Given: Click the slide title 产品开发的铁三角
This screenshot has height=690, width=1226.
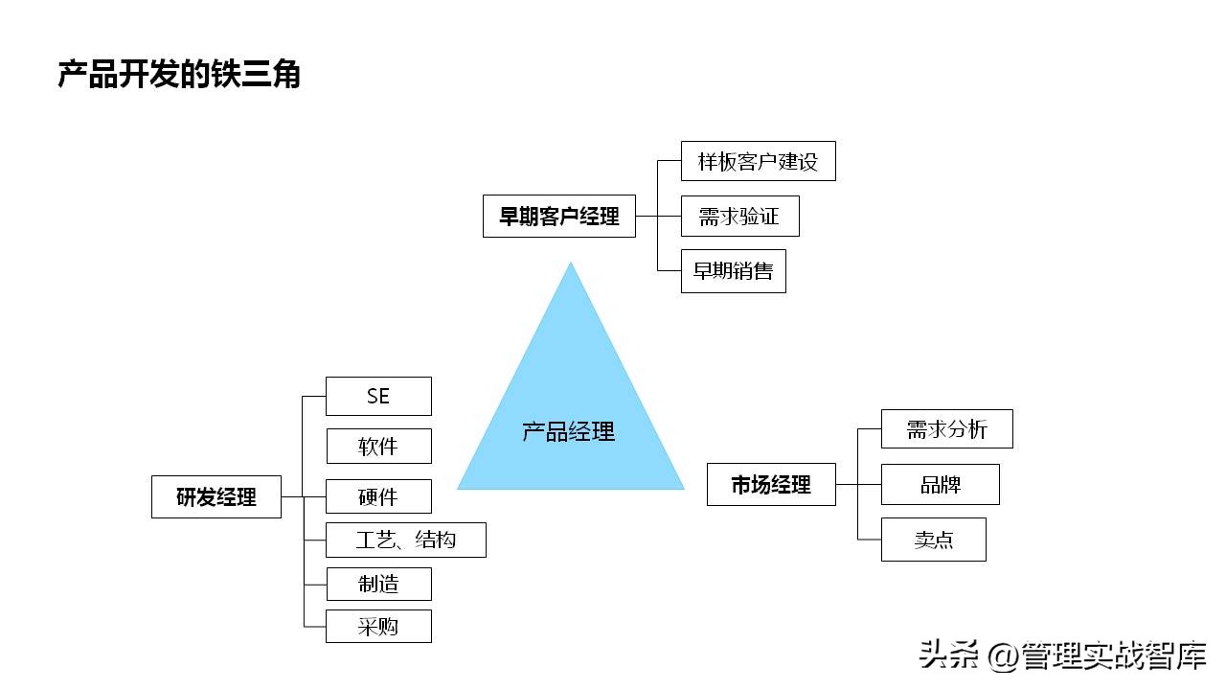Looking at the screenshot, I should coord(179,75).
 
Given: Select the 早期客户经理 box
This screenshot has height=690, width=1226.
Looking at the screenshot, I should coord(559,217).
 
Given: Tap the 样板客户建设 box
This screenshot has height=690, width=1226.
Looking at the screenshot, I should coord(758,161).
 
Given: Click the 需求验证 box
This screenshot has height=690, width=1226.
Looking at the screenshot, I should coord(739,217).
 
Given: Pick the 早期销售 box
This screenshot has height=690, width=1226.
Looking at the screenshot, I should coord(733,271).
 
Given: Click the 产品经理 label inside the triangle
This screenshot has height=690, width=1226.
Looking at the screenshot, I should coord(569,431).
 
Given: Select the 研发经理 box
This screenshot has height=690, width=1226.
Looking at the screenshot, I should coord(216,497).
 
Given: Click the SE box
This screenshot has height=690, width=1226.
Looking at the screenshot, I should coord(378,396).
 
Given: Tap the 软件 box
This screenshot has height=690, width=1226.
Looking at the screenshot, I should coord(378,447).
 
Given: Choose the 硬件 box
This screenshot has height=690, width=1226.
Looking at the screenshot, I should coord(378,496).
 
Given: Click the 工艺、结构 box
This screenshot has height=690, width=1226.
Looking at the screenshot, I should coord(406,540).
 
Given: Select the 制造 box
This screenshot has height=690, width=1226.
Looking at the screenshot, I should coord(378,584).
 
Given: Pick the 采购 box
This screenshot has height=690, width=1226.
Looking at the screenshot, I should coord(378,627).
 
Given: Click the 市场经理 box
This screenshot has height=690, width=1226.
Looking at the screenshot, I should coord(771,485).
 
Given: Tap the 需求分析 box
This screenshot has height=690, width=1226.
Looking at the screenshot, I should coord(946,429).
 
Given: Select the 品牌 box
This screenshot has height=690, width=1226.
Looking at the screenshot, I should coord(940,485).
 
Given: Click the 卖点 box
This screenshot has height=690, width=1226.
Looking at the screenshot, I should coord(933,540).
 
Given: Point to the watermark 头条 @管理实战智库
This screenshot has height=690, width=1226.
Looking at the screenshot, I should coord(1061,655).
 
